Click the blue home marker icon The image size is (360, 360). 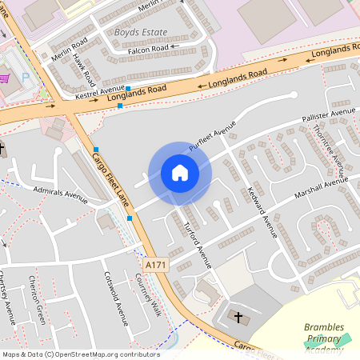[180, 173]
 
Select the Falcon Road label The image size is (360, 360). [148, 49]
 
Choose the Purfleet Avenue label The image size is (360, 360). [213, 138]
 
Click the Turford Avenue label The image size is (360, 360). [197, 242]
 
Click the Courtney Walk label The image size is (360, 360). [148, 294]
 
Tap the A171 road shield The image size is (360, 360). [156, 264]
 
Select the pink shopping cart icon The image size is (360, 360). [6, 78]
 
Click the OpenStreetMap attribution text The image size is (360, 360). [80, 354]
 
